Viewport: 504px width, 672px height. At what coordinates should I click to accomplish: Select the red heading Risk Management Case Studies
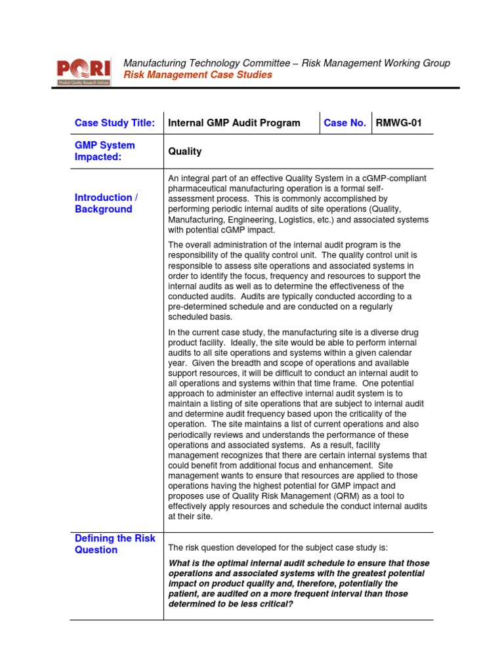(x=198, y=75)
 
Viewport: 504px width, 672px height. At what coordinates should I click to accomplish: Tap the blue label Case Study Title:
(x=115, y=123)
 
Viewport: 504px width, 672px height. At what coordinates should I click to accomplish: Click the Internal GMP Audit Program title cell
(x=234, y=123)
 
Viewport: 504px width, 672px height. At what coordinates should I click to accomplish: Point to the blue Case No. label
(x=345, y=123)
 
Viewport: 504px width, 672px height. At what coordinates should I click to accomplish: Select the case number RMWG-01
(x=398, y=123)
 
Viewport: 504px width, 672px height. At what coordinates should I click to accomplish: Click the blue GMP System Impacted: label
(x=105, y=151)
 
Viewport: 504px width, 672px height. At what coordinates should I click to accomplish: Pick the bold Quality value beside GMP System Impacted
(x=185, y=152)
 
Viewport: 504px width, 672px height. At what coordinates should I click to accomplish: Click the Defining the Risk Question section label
(x=115, y=544)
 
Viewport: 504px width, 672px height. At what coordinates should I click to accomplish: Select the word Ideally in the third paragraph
(x=251, y=343)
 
